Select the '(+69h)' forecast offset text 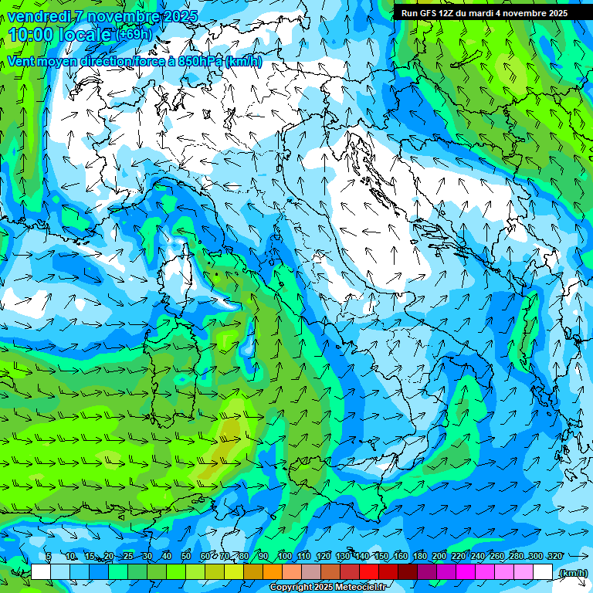click(134, 36)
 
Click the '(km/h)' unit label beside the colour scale click(573, 572)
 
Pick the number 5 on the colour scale click(49, 557)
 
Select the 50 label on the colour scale click(185, 557)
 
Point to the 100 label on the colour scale click(284, 557)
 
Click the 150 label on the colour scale click(381, 557)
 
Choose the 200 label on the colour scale click(439, 557)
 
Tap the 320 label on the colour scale click(554, 557)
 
